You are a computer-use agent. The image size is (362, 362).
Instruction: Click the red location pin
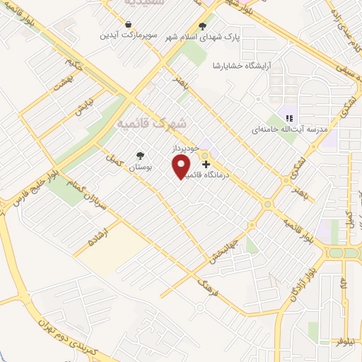point(182,166)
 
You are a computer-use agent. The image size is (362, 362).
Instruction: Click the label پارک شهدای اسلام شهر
point(203,37)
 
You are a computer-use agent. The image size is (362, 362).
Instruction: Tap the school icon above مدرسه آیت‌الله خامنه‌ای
point(288,119)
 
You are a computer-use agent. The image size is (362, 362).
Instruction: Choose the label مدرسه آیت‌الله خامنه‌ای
point(288,131)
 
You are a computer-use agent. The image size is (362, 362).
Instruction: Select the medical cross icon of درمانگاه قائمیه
point(206,163)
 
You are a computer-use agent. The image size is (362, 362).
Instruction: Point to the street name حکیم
point(67,66)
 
